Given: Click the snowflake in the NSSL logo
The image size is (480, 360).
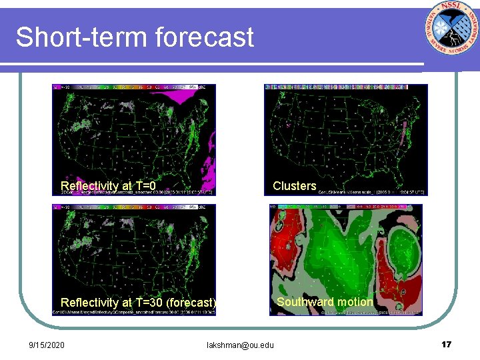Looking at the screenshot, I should point(440,27).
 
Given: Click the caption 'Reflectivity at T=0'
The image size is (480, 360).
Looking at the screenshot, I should point(108,186).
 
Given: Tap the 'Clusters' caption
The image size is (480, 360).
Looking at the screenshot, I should point(295,186).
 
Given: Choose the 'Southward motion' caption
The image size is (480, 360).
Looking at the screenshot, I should point(325,302).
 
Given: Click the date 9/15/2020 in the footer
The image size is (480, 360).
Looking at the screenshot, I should point(47,345).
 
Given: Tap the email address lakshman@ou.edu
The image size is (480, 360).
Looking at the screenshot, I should point(240,345).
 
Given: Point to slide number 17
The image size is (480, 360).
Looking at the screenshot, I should point(446,345).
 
